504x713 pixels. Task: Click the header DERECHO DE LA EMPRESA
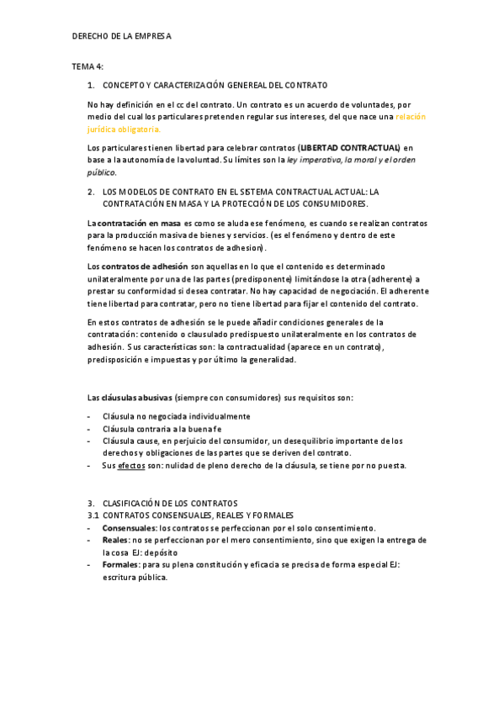(121, 36)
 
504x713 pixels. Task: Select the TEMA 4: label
(88, 66)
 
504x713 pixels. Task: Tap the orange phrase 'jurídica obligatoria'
(125, 129)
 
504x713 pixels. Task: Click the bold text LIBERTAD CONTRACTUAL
(350, 148)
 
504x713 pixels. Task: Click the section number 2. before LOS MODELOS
(91, 192)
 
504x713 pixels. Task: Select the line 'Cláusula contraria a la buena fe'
(162, 428)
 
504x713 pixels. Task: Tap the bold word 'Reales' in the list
(115, 540)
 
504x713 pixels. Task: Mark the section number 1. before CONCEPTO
(91, 85)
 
